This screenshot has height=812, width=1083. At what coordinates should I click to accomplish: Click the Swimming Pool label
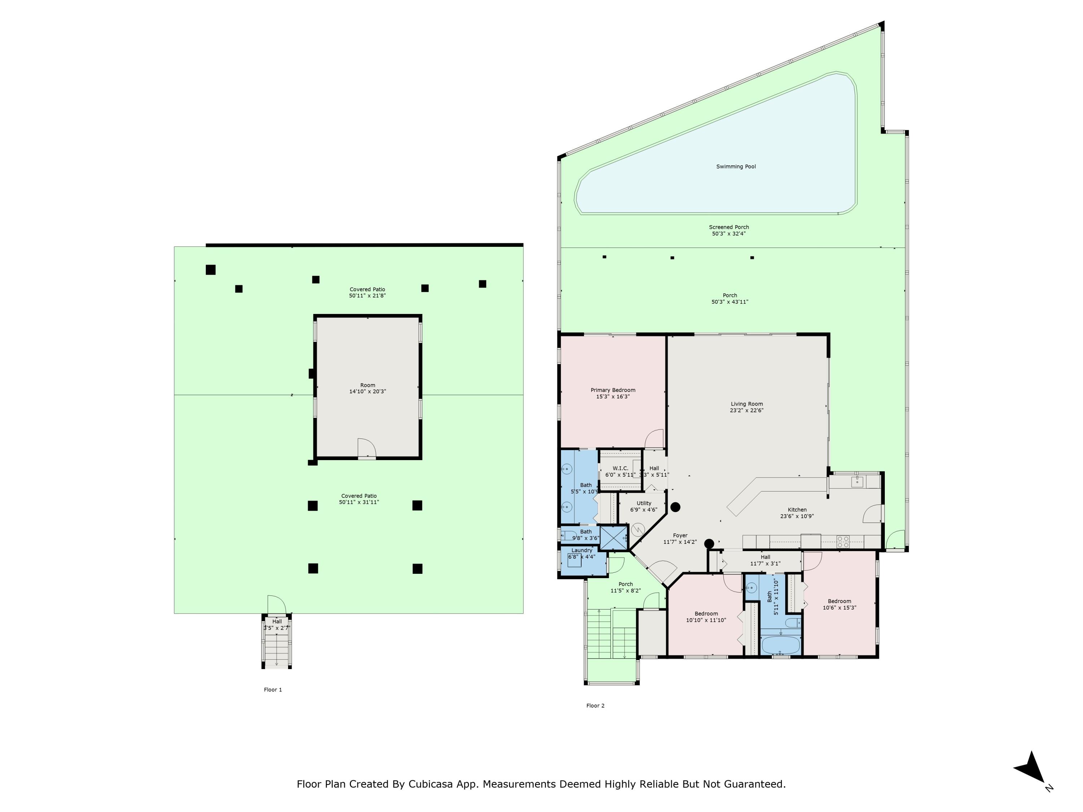(736, 166)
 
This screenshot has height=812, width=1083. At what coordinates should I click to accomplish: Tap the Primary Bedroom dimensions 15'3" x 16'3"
(613, 397)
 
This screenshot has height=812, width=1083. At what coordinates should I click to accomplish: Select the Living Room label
(747, 404)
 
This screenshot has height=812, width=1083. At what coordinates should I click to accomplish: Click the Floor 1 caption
(273, 690)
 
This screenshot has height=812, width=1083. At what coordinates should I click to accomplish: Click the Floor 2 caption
(595, 705)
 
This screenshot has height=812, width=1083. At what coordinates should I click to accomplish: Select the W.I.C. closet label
(620, 468)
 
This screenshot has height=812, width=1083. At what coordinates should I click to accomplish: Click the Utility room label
(644, 503)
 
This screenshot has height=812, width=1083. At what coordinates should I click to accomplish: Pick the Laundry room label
(582, 550)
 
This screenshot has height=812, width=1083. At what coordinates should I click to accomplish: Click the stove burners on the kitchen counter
(843, 542)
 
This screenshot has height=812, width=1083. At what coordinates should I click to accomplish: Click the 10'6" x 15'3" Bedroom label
(839, 601)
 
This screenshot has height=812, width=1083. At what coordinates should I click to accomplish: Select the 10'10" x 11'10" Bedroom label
(706, 613)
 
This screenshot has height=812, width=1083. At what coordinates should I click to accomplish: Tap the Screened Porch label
(728, 227)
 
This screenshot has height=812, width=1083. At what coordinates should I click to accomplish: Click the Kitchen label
(797, 510)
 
